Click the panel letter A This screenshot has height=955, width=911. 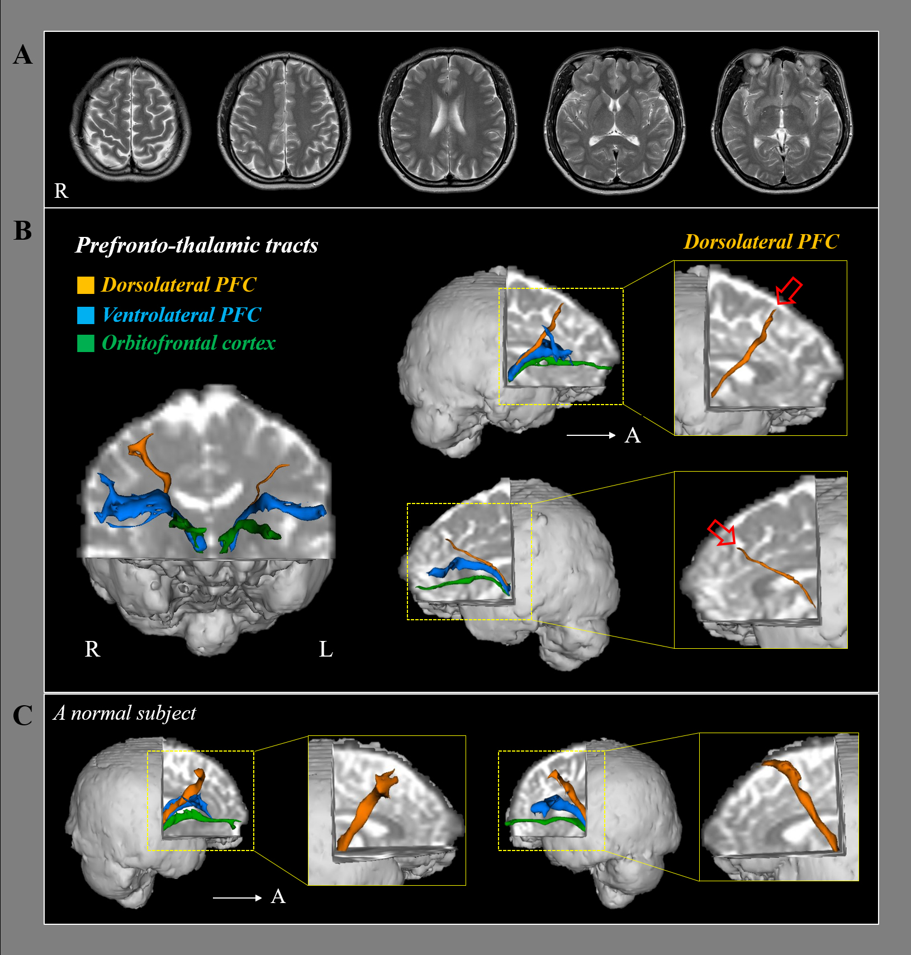coord(23,55)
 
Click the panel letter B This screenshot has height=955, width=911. coord(23,230)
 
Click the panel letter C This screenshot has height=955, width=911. coord(23,715)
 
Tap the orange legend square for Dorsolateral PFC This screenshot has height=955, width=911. coord(86,285)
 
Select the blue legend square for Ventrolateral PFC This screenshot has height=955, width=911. coord(86,315)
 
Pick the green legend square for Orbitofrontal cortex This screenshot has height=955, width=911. coord(86,343)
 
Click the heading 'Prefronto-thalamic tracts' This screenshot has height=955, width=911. coord(197,245)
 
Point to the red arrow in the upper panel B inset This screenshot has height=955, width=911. coord(789,292)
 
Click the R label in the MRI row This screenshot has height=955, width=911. coord(61,191)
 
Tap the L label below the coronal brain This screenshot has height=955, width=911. coord(326,649)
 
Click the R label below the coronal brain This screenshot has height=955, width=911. coord(92,649)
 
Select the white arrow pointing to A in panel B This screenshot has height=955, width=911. coord(591,435)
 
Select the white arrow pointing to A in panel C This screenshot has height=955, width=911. coord(237,897)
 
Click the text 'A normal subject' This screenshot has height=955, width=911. coord(125,713)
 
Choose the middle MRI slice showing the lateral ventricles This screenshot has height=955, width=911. coord(448,120)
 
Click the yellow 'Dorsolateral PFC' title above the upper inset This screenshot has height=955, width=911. coord(761,242)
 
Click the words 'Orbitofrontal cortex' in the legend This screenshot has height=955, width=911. coord(189,343)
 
